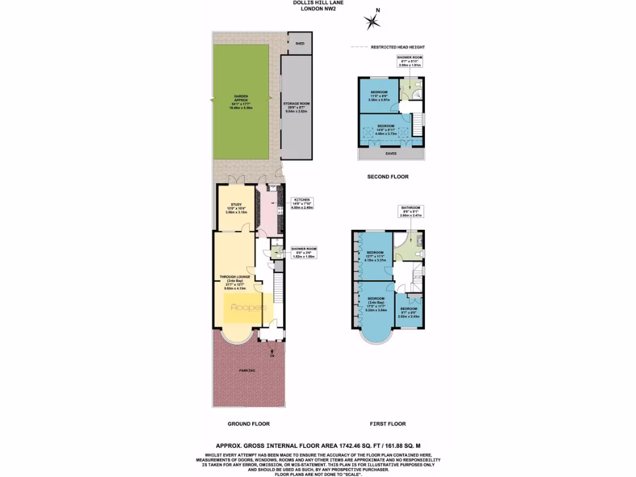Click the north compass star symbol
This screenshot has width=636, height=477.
[x=373, y=23]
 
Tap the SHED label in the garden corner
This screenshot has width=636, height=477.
[x=300, y=44]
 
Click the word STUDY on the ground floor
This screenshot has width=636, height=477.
[x=236, y=204]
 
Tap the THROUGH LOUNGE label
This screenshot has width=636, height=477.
[x=234, y=277]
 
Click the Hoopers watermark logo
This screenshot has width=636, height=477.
[x=248, y=307]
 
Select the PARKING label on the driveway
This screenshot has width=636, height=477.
[x=247, y=371]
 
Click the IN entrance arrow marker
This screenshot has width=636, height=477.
[x=272, y=353]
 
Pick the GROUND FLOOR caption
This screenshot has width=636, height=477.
[x=248, y=424]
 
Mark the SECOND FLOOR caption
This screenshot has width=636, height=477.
[x=388, y=177]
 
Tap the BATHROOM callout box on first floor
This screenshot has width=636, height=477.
[x=410, y=212]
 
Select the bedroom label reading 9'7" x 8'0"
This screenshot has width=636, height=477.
[x=409, y=312]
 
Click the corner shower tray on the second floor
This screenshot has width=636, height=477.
[x=418, y=94]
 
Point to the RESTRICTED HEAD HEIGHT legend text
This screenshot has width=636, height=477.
[x=397, y=47]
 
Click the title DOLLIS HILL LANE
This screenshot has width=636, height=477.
[x=317, y=3]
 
